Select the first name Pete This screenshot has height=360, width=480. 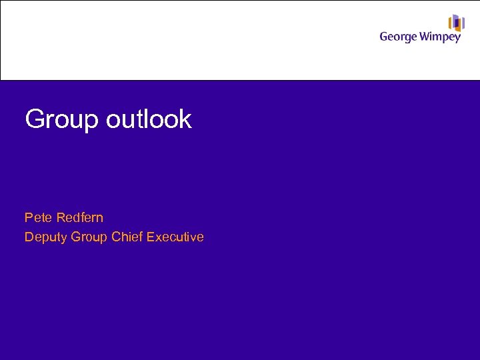point(37,217)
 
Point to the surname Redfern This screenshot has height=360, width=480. point(79,217)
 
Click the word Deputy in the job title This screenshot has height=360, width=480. point(45,237)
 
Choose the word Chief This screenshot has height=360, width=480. point(127,237)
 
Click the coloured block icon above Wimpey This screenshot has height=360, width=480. point(456,23)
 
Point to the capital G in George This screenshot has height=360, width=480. point(384,37)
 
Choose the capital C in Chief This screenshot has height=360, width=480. point(116,237)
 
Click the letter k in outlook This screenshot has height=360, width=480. point(185,119)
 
